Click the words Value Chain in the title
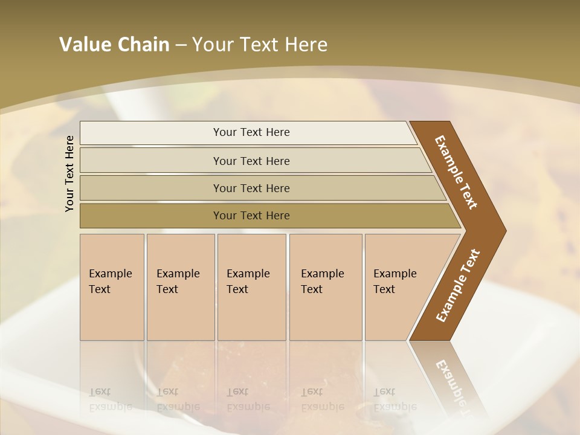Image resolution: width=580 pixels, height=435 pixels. [114, 45]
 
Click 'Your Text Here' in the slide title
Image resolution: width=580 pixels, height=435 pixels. [260, 45]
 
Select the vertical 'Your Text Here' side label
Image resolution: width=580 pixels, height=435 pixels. [69, 173]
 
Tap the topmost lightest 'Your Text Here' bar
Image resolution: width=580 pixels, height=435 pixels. [251, 132]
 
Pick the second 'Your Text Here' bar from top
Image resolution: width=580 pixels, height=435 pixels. [251, 161]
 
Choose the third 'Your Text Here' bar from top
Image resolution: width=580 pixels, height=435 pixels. [251, 188]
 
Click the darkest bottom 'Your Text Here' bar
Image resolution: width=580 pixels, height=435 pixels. [251, 216]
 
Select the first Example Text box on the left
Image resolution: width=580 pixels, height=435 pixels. [111, 282]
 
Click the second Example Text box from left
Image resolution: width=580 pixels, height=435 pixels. [179, 282]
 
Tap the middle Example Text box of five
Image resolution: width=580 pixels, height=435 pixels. [250, 282]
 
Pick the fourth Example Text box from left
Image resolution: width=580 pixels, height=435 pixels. [324, 282]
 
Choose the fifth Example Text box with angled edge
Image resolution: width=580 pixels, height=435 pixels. [396, 282]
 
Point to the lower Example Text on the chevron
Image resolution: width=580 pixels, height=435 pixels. [458, 285]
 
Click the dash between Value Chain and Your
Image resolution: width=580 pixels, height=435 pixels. [181, 45]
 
